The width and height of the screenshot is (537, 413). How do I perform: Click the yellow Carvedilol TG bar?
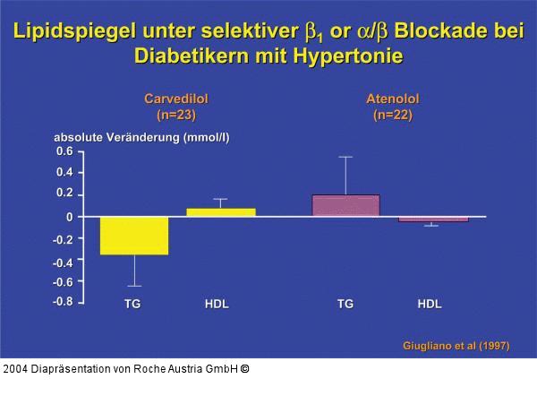click(x=134, y=236)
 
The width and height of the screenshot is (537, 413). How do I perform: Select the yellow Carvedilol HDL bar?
click(x=220, y=212)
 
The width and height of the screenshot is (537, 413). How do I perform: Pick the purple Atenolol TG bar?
click(x=345, y=205)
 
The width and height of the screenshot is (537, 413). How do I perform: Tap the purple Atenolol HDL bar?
click(x=433, y=219)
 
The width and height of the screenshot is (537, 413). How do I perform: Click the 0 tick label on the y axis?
click(x=69, y=217)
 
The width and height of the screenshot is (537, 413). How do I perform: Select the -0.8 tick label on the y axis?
click(x=62, y=302)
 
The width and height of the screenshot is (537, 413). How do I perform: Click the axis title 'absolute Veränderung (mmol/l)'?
click(x=141, y=137)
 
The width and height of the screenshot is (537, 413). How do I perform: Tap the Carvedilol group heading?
click(x=182, y=99)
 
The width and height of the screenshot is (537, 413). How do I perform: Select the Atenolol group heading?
click(x=392, y=99)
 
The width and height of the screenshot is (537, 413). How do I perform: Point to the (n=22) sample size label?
click(x=392, y=115)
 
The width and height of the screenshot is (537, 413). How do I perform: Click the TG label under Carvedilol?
click(x=132, y=305)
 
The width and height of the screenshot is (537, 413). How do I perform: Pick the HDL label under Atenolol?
click(x=430, y=305)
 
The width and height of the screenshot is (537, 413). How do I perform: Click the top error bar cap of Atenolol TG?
click(x=345, y=157)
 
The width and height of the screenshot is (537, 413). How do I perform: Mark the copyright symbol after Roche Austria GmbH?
click(x=244, y=369)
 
